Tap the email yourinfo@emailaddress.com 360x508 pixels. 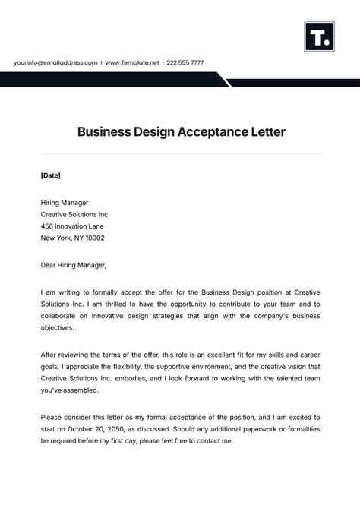(55, 62)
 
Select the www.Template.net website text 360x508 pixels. (131, 62)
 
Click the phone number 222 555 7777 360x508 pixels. (186, 62)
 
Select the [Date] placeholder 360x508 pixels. (50, 175)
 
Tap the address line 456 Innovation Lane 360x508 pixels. (73, 226)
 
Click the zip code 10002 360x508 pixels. (94, 238)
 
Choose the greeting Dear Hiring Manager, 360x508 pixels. (74, 265)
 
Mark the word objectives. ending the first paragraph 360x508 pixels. (58, 328)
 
